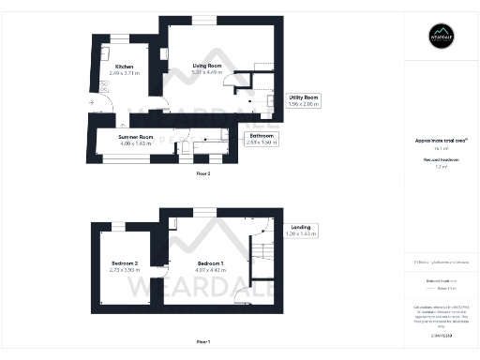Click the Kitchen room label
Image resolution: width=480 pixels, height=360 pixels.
(125, 67)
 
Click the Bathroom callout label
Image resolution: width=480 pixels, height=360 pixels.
(262, 137)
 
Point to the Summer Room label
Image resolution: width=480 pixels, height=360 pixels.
(134, 138)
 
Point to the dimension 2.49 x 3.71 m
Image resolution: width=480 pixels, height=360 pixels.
(125, 73)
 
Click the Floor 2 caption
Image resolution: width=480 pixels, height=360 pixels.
(203, 174)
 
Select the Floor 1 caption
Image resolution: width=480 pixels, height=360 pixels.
(203, 341)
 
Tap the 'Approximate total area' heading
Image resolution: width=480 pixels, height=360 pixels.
(442, 141)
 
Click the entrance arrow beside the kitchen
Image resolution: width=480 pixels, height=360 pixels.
(93, 101)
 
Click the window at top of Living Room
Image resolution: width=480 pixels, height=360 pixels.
(203, 22)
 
